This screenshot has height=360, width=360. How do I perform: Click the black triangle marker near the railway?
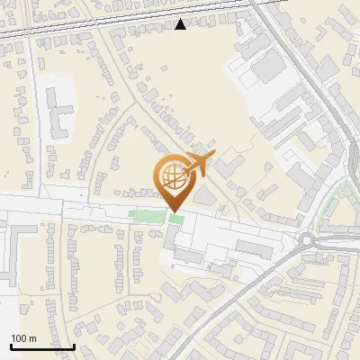[181, 24]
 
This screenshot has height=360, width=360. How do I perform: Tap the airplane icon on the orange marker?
[197, 163]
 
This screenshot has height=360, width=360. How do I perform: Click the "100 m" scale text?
[23, 338]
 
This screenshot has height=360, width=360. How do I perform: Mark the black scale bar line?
[41, 346]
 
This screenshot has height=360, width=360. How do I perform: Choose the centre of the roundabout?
[310, 240]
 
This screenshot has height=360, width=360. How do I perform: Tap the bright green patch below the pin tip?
[175, 220]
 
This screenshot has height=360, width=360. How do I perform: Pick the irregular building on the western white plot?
[59, 112]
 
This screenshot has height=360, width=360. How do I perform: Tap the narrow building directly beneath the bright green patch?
[170, 238]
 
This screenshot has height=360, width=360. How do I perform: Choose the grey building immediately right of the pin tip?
[203, 194]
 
